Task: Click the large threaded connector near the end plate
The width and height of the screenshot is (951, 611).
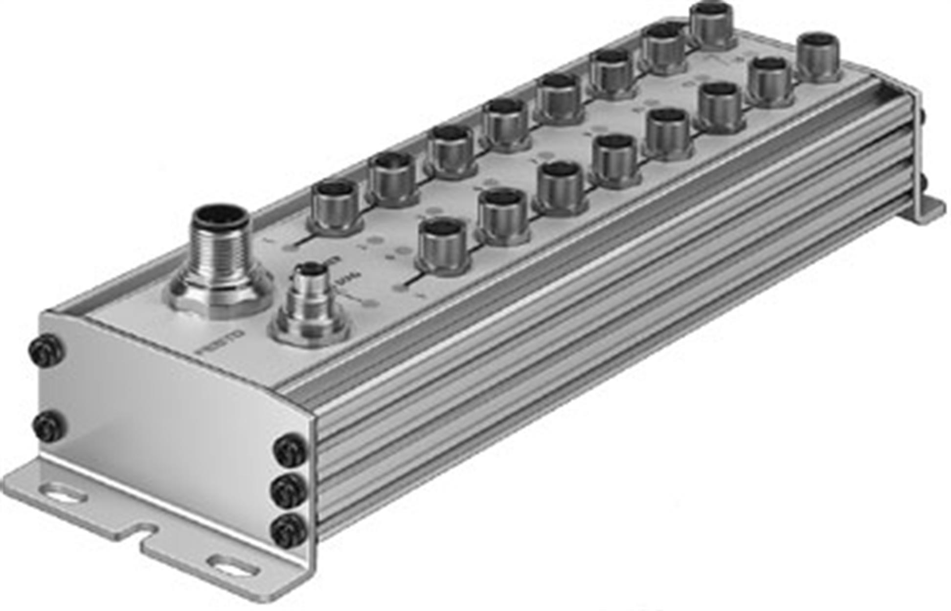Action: [221, 245]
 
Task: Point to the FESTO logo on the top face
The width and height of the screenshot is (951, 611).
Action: [220, 342]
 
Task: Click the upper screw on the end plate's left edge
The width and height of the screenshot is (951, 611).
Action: [46, 350]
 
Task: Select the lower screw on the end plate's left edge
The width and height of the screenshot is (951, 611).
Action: [49, 426]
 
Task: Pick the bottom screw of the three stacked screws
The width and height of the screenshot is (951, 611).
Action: [289, 531]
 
